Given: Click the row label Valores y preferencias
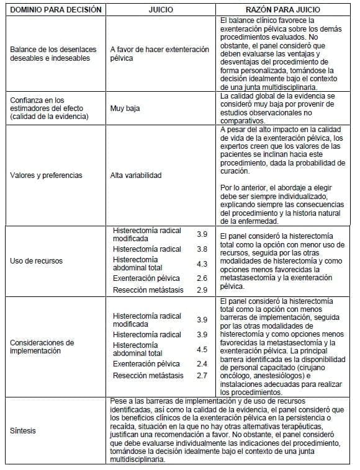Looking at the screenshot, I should coord(46,175).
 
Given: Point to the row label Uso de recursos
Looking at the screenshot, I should coord(36,260).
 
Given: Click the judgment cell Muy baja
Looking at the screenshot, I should coord(125,108).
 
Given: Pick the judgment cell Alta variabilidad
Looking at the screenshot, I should coord(136,175).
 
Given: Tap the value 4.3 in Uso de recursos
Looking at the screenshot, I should coord(202,264).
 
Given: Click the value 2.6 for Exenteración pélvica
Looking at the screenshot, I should coord(202,278).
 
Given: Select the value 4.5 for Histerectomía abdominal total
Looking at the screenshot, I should coord(202,350).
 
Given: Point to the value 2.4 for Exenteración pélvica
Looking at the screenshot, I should coord(202,364).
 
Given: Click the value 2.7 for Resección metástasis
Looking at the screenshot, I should coord(202,376).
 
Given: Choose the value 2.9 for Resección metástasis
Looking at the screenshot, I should coord(202,290).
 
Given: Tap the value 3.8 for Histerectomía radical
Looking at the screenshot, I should coord(202,249).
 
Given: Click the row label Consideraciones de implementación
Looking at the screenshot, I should coord(42,346).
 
